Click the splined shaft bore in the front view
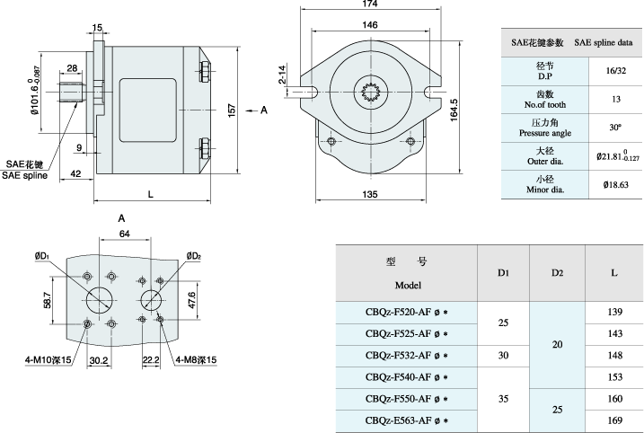(x=374, y=90)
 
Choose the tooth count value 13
(x=615, y=98)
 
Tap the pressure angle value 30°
(x=615, y=127)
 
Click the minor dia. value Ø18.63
(x=616, y=184)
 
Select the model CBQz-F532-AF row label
(x=406, y=354)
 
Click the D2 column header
(x=557, y=272)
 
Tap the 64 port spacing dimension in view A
(x=124, y=234)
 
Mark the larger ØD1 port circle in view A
(x=100, y=299)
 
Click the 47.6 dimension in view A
(x=191, y=299)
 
